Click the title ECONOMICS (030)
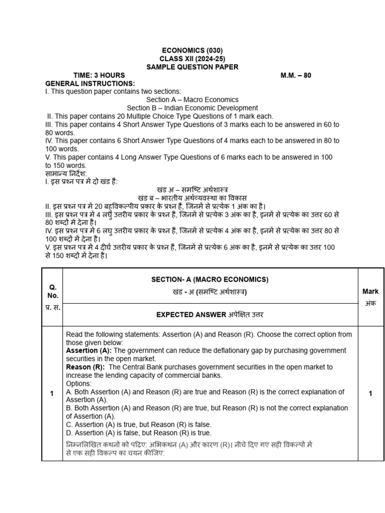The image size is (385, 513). (192, 51)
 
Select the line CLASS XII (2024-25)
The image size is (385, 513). (192, 59)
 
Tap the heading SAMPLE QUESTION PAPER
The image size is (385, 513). (192, 67)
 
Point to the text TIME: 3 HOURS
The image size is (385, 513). (99, 75)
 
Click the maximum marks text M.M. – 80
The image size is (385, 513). (296, 75)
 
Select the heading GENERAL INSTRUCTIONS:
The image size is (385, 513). (90, 83)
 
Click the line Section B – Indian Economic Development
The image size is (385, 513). (192, 108)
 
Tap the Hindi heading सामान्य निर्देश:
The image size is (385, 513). (66, 173)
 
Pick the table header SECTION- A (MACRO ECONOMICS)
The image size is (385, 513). (210, 280)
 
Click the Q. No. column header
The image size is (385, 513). (53, 292)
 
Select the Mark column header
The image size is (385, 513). (370, 292)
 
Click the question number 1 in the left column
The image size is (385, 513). (51, 394)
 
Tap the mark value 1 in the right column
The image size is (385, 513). (370, 394)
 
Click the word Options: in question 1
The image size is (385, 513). (79, 384)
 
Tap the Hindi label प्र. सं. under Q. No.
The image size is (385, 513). (53, 307)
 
